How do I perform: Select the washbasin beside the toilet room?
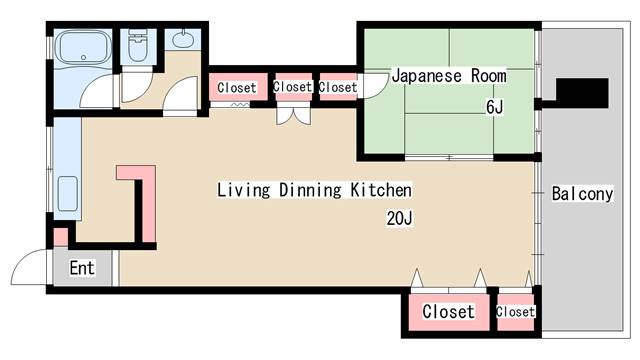[183, 42]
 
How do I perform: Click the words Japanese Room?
[448, 75]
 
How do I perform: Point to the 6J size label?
[494, 106]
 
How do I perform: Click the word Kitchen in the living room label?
[378, 189]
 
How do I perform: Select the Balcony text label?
[582, 194]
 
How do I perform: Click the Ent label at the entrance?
[81, 268]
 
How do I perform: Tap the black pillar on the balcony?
[580, 92]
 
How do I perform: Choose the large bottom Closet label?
[448, 311]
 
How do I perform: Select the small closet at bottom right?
[515, 311]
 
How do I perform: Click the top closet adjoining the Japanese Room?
[338, 87]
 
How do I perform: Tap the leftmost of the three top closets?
[237, 87]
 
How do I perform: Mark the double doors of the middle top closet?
[292, 116]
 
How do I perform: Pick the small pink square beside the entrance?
[60, 238]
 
